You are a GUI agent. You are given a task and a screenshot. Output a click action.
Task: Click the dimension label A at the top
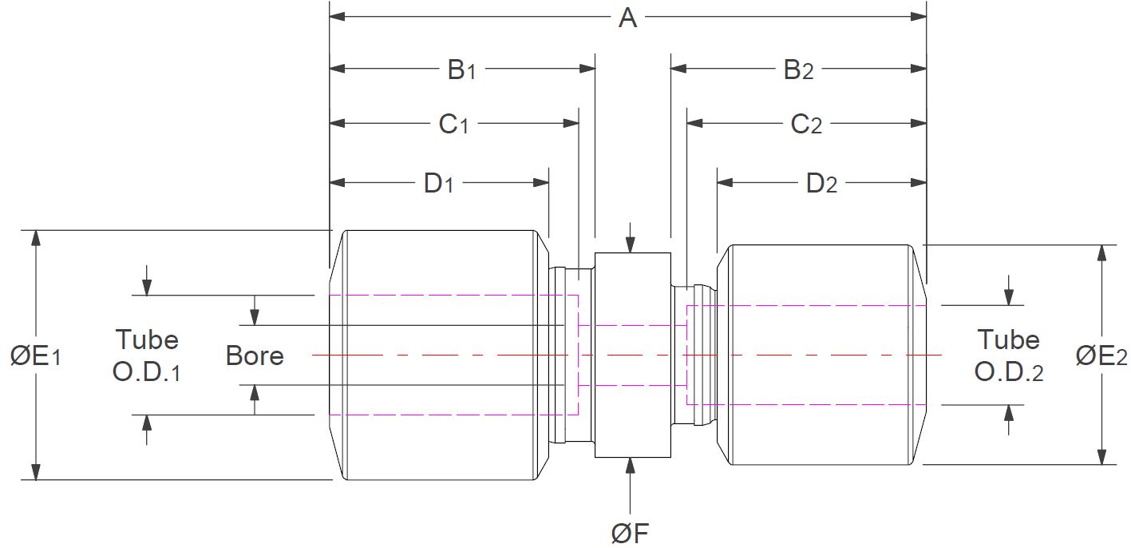[x=628, y=18]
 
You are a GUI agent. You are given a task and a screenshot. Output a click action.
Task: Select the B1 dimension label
[x=461, y=70]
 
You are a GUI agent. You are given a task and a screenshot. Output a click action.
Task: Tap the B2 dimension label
[x=798, y=70]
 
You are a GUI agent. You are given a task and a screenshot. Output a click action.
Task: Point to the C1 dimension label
[x=453, y=125]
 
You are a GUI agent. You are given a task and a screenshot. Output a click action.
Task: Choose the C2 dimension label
[x=806, y=125]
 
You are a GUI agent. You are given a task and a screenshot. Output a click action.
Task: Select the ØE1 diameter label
[x=36, y=356]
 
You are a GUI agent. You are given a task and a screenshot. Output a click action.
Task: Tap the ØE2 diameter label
[x=1101, y=356]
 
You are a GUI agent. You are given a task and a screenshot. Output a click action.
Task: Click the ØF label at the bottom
[x=630, y=534]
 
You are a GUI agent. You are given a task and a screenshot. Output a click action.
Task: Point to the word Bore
[x=255, y=355]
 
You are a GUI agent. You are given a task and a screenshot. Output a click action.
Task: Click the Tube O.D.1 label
[x=146, y=355]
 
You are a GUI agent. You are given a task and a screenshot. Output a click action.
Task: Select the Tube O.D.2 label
[x=1009, y=355]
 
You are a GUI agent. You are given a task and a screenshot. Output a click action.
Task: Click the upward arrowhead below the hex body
[x=631, y=464]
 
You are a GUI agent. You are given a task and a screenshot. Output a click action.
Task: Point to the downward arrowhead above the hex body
[x=631, y=245]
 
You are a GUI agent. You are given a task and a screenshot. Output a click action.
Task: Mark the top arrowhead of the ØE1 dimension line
[x=35, y=236]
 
